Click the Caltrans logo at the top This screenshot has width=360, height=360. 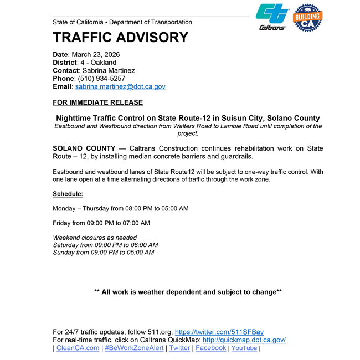click(x=272, y=17)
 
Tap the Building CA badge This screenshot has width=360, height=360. click(x=307, y=18)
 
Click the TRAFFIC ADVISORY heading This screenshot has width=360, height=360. click(x=120, y=38)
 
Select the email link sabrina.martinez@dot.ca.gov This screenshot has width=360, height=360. click(x=120, y=87)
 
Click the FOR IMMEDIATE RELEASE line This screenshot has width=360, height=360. click(x=97, y=102)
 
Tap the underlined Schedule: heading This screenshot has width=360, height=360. click(x=68, y=194)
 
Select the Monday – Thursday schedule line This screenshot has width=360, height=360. click(x=120, y=209)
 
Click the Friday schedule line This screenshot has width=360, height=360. click(x=101, y=223)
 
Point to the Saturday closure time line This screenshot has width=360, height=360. click(x=105, y=245)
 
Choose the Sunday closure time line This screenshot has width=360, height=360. click(x=103, y=253)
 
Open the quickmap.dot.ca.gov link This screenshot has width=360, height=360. click(x=244, y=340)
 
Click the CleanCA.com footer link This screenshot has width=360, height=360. click(x=78, y=348)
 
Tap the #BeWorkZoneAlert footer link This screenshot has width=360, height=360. click(x=134, y=348)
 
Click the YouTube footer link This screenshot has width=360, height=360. click(x=244, y=348)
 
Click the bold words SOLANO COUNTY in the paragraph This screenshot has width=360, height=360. click(x=84, y=149)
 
